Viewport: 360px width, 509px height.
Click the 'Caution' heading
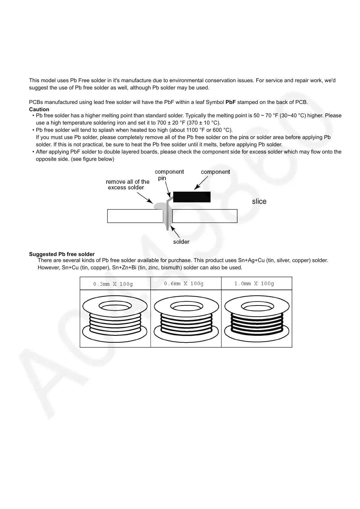(39, 109)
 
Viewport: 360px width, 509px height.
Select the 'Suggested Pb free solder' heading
(62, 254)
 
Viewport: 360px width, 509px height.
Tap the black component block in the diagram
(191, 197)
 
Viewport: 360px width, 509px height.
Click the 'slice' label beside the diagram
(259, 202)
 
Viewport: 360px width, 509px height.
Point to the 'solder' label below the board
(181, 242)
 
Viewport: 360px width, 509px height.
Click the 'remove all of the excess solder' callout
(127, 184)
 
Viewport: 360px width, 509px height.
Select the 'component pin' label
(169, 175)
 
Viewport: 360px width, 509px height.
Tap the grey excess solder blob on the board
(159, 206)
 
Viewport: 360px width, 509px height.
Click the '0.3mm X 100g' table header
(113, 284)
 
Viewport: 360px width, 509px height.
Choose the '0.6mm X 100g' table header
(184, 284)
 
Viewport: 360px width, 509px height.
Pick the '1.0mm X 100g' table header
(254, 284)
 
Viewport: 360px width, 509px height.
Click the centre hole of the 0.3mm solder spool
(115, 307)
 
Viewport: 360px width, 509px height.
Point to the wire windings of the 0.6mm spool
(186, 323)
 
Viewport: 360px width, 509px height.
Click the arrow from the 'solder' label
(175, 232)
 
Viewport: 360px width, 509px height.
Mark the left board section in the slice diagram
(135, 216)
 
